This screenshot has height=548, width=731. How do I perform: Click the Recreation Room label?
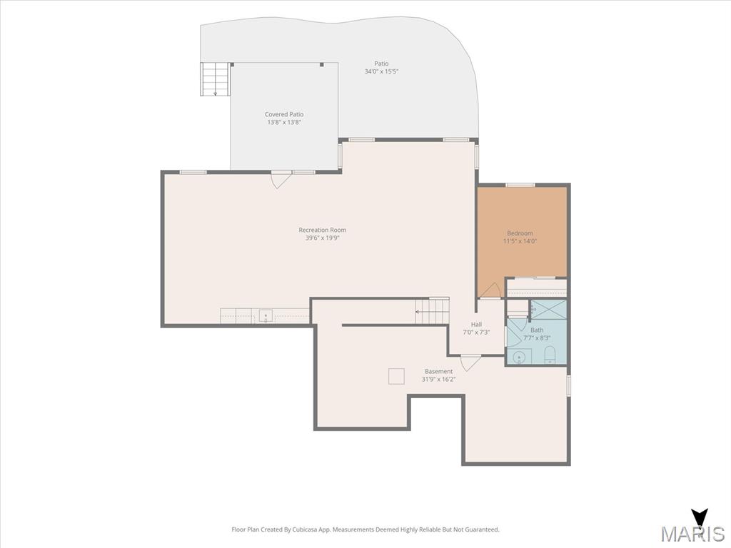[x=323, y=230]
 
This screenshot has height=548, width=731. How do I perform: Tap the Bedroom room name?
[x=520, y=233]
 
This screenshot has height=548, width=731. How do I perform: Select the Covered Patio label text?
[x=284, y=114]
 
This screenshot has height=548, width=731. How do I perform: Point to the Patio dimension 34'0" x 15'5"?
[x=381, y=71]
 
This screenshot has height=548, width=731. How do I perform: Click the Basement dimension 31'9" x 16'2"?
[x=439, y=380]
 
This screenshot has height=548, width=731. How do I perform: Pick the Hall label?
[x=476, y=325]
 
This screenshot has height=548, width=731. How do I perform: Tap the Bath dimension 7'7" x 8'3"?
[x=537, y=338]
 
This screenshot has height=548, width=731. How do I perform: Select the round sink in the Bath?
[x=519, y=357]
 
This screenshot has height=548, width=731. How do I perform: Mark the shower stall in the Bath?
[x=548, y=310]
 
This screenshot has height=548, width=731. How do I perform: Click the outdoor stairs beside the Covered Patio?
[x=216, y=78]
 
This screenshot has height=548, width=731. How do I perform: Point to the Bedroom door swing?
[x=490, y=291]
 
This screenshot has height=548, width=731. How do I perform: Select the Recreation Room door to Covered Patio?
[x=281, y=179]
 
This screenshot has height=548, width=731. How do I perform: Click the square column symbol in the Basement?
[x=396, y=376]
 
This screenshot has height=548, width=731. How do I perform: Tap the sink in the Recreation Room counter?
[x=266, y=315]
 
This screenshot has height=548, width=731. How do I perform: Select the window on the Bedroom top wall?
[x=520, y=185]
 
